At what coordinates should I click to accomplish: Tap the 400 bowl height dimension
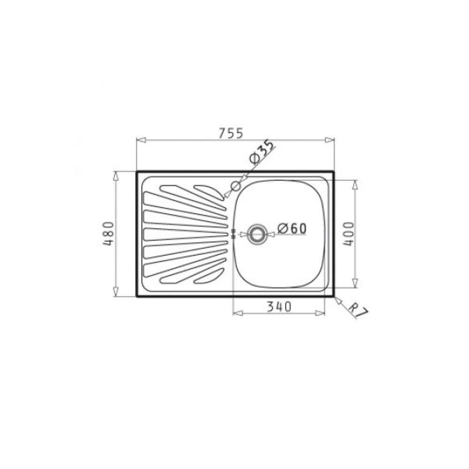(x=348, y=234)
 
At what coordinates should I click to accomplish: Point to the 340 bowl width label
(x=279, y=307)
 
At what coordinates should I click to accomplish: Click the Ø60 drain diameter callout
(x=292, y=228)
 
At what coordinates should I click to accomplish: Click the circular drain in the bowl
(x=256, y=234)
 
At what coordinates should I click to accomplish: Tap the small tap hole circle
(x=235, y=186)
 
